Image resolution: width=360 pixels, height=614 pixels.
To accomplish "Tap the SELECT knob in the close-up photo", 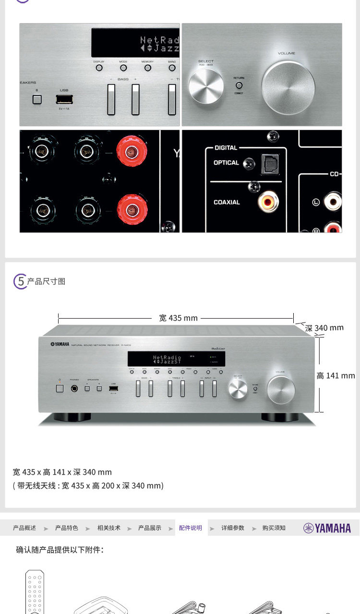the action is point(206,86).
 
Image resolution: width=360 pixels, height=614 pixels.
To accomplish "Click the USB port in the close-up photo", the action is point(63,100).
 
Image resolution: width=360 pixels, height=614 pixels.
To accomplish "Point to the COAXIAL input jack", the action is point(268,202).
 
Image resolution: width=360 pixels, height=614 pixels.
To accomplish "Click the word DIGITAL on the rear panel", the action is point(226,148).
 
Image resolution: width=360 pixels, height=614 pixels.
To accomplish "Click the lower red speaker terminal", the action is point(132,209).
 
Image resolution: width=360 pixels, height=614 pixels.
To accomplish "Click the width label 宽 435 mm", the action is point(178,318).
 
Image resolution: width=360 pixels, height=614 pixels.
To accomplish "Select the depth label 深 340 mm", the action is point(324,328).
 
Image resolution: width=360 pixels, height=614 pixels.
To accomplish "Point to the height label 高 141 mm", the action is point(336,375).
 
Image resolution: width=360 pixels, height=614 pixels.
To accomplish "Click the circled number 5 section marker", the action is point(20,281).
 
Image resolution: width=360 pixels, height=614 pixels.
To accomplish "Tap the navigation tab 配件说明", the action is point(191,528).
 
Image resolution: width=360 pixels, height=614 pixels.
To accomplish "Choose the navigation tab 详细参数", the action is point(233,528).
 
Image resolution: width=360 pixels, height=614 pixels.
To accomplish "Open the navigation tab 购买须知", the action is point(274,528).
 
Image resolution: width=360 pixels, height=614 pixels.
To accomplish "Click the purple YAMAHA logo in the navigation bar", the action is point(327,528).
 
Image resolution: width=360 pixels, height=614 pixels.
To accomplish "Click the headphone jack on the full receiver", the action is point(74,388).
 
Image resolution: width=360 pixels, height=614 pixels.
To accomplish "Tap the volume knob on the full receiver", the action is point(281,390).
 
